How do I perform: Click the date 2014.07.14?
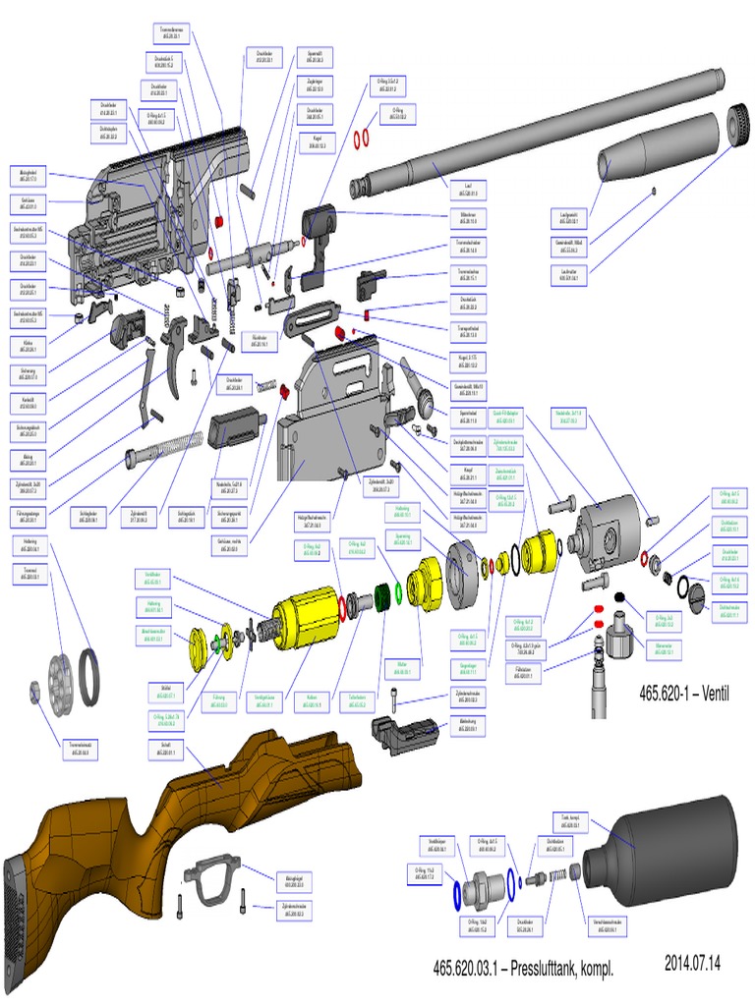tap(692, 962)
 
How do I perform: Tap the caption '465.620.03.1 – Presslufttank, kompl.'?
tap(523, 969)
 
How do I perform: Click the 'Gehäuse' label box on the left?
tap(29, 203)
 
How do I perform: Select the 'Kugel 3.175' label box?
tap(467, 362)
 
